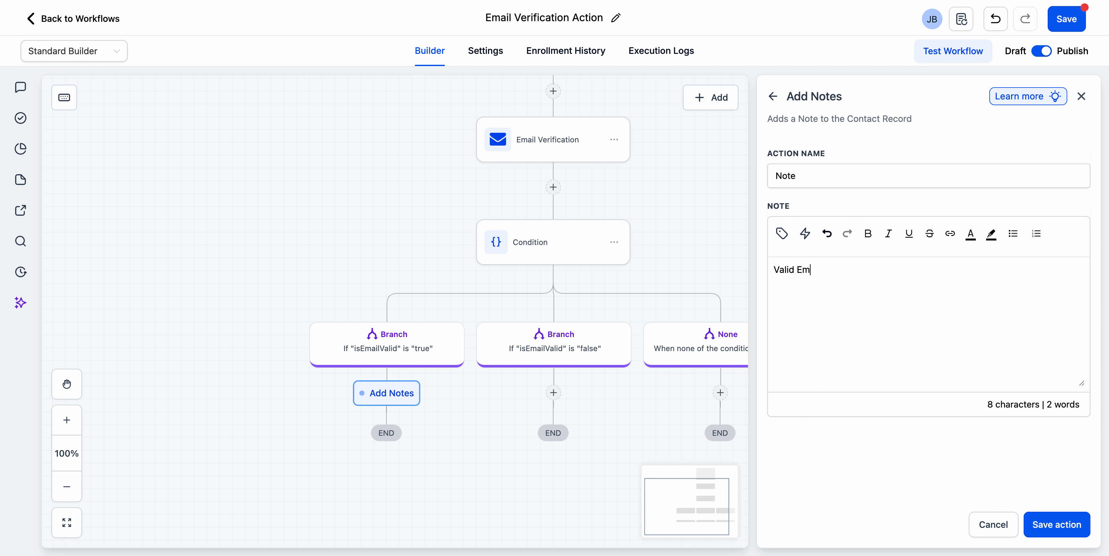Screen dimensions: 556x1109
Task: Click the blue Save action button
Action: click(1056, 524)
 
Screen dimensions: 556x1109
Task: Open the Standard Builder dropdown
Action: click(73, 51)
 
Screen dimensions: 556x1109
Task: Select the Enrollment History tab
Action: click(565, 51)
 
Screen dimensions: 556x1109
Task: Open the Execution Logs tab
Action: click(661, 51)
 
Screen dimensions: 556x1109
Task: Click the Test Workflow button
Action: click(952, 51)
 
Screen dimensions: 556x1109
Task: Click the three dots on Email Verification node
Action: click(614, 139)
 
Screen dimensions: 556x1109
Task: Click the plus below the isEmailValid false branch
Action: click(553, 392)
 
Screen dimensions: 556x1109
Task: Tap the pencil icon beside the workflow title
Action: click(616, 18)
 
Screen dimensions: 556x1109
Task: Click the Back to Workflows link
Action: click(73, 19)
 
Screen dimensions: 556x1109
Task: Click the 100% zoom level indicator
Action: click(66, 453)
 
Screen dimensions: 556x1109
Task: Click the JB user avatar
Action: click(931, 19)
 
